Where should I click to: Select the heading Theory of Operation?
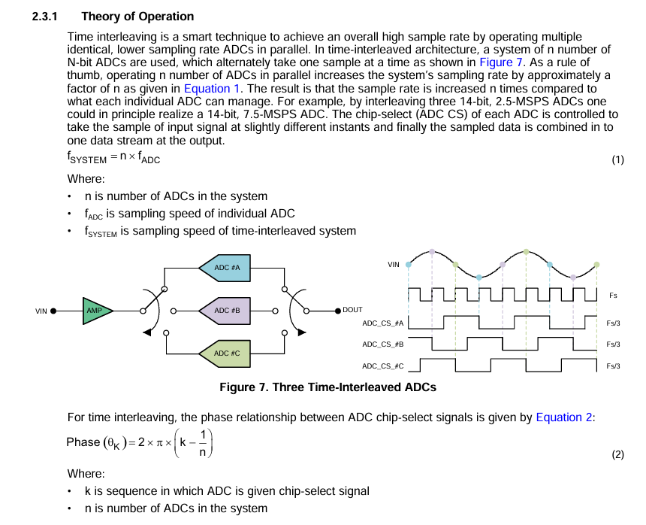(137, 16)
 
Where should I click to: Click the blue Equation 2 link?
(563, 417)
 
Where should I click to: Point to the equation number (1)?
(617, 159)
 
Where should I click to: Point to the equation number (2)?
(617, 454)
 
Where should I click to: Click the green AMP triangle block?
(95, 310)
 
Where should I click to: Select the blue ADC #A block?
(226, 268)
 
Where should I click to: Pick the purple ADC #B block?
(226, 310)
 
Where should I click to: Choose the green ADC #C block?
(226, 353)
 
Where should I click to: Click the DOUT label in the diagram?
(352, 310)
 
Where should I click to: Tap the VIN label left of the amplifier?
(41, 311)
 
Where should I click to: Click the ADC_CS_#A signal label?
(383, 323)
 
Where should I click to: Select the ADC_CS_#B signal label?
(383, 344)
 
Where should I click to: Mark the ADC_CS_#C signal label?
(383, 366)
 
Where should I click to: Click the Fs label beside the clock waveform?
(614, 296)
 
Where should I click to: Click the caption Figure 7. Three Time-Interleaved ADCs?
(328, 387)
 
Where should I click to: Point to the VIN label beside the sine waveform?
(394, 265)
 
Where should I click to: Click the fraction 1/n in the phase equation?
(202, 443)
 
